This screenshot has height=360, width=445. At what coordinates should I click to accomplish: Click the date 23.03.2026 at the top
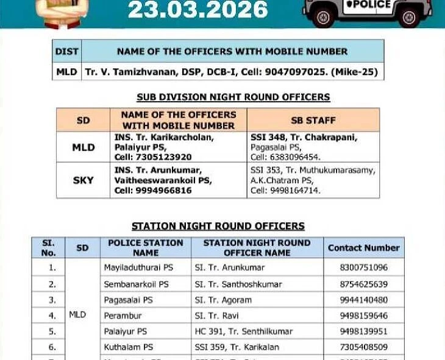point(198,9)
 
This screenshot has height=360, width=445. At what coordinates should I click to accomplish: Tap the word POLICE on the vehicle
point(368,4)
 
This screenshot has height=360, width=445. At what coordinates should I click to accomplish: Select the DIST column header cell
point(67,51)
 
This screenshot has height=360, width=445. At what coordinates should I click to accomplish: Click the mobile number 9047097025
point(289,72)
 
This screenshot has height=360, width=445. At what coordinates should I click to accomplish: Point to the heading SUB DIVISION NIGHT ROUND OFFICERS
point(233,97)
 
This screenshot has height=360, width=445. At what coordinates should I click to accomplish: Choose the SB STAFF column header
point(313,120)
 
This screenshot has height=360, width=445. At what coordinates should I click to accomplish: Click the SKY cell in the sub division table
point(83,180)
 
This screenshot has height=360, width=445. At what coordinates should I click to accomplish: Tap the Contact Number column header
point(363,248)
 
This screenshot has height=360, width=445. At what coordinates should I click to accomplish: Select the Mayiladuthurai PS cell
point(138,267)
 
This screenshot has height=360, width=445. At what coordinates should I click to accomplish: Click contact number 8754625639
point(363,284)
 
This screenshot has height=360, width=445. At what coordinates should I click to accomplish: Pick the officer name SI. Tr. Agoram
point(223,300)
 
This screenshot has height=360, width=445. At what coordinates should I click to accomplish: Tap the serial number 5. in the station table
point(52,331)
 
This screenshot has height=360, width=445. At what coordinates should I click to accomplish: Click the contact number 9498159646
point(363,316)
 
